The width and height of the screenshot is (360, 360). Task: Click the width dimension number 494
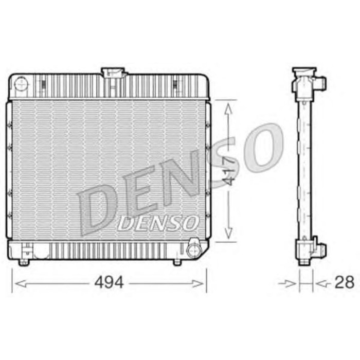(x=109, y=282)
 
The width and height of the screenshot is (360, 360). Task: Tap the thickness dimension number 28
(x=345, y=282)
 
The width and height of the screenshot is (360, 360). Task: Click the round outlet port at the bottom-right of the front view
(x=193, y=250)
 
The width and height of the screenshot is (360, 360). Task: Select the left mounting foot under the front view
(x=23, y=263)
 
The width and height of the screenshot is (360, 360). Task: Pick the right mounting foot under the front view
(x=177, y=262)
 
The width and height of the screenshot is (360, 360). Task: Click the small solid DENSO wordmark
(x=158, y=222)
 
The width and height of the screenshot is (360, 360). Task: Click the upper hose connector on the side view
(x=320, y=83)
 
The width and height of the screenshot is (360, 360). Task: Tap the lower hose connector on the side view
(x=320, y=249)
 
